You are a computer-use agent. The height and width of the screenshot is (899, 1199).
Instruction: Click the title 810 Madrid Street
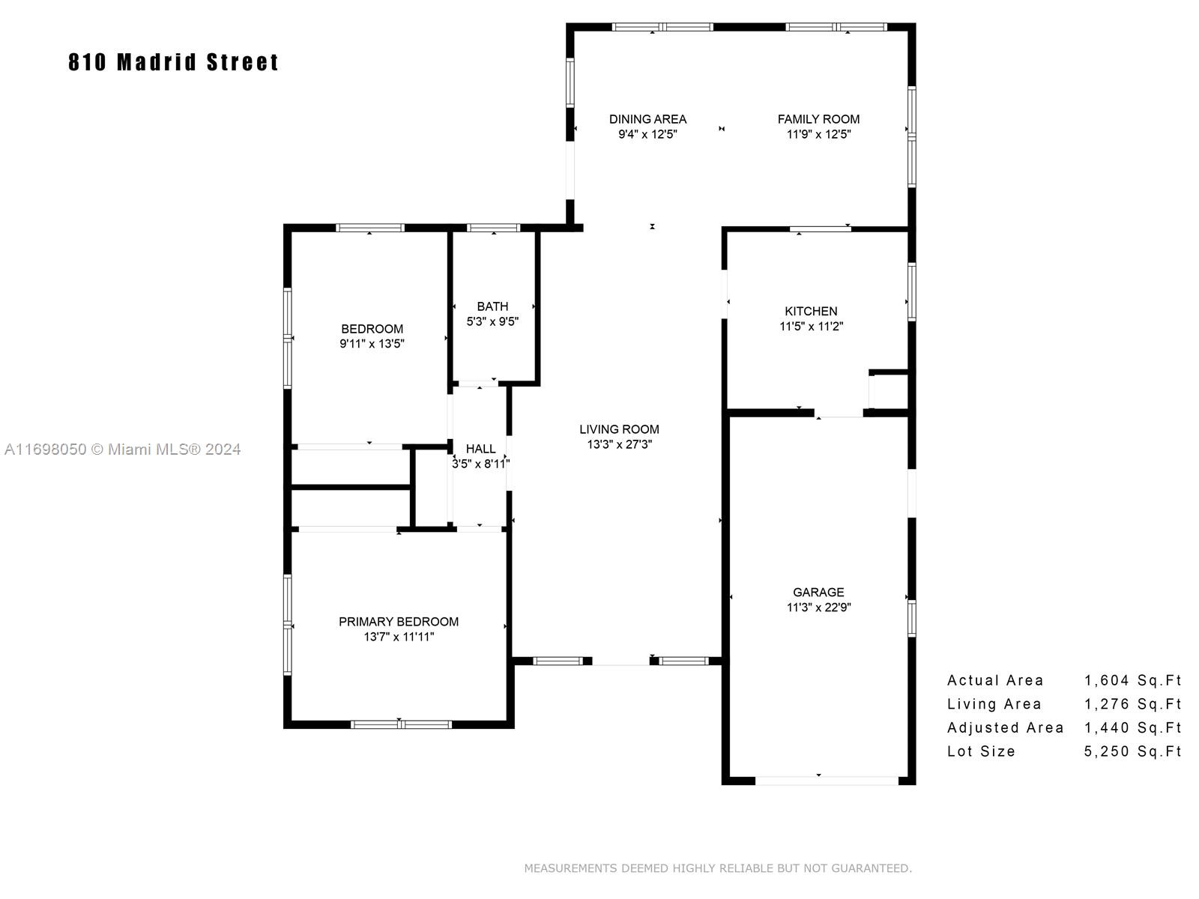tap(173, 62)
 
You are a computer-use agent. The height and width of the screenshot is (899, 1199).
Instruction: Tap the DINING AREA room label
tap(647, 119)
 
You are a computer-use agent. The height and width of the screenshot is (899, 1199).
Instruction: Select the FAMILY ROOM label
tap(818, 119)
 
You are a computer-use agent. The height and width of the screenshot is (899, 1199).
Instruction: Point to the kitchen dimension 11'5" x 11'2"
tap(811, 327)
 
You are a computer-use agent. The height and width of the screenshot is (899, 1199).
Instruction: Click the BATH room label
tap(492, 306)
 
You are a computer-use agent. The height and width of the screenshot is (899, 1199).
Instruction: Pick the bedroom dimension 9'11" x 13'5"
tap(372, 344)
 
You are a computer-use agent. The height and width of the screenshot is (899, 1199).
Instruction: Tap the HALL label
tap(480, 449)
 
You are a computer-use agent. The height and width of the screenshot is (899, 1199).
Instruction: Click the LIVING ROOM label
tap(619, 429)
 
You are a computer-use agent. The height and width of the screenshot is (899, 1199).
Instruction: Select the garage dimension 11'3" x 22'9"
tap(819, 608)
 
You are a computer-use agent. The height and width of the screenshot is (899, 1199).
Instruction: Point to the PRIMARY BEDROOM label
tap(399, 622)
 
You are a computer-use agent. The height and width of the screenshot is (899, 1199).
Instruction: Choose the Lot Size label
tap(981, 751)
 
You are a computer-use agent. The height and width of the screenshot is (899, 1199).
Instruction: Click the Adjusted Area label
tap(1006, 728)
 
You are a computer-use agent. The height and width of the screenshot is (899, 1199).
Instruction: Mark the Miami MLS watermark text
tap(122, 449)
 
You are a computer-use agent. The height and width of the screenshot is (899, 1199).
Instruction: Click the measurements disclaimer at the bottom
tap(718, 868)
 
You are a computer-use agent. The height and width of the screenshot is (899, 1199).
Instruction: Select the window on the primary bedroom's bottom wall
tap(401, 725)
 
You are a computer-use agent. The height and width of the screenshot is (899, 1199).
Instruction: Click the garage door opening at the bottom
tap(827, 781)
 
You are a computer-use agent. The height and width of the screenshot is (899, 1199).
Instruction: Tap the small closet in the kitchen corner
tap(889, 391)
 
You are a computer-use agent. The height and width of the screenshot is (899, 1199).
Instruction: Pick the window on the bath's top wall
tap(493, 228)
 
